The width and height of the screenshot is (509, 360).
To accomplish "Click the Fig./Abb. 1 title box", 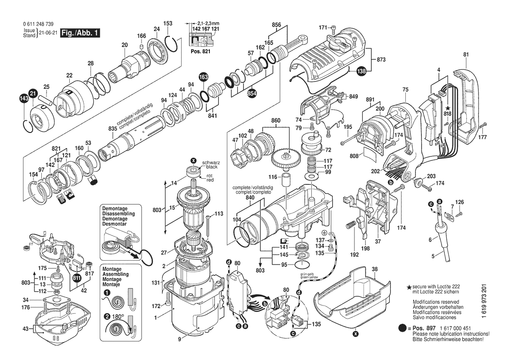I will pyautogui.click(x=81, y=33).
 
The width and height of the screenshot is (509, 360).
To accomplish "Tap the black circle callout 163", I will pyautogui.click(x=203, y=78).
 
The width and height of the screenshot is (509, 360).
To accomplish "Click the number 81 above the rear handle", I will pyautogui.click(x=466, y=54).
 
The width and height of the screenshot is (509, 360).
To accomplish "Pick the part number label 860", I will pyautogui.click(x=276, y=120).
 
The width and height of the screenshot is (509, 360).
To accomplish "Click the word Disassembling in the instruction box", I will pyautogui.click(x=118, y=214).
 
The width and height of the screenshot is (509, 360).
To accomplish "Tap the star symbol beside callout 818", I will pyautogui.click(x=448, y=107).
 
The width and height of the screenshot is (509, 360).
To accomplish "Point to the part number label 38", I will pyautogui.click(x=374, y=269).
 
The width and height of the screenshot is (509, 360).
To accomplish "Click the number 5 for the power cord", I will pyautogui.click(x=433, y=256).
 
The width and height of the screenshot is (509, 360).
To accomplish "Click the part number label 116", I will pyautogui.click(x=273, y=177).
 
